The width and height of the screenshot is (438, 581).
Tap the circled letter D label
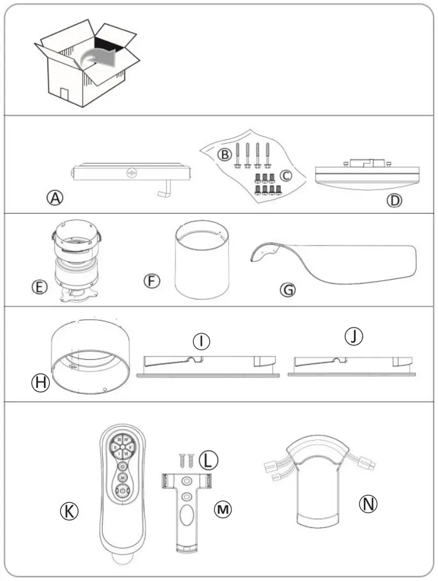(394, 200)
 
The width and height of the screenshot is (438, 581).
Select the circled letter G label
(288, 290)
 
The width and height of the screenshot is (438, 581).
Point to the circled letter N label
(368, 504)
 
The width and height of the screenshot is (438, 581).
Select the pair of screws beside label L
(186, 461)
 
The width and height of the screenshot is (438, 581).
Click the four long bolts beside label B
(252, 154)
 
